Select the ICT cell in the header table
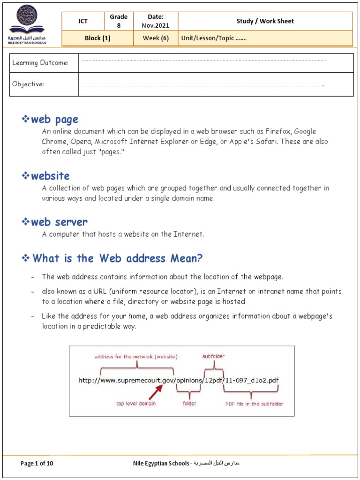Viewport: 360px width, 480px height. point(83,21)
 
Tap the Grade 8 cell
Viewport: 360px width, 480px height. point(119,21)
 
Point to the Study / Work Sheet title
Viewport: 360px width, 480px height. point(265,21)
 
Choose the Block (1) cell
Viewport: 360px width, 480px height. point(97,38)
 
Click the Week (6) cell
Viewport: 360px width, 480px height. point(155,38)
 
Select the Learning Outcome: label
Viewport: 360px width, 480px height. point(40,63)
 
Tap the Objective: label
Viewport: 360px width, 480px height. point(28,84)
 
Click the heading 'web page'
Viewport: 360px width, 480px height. point(54,120)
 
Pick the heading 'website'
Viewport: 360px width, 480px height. point(50,176)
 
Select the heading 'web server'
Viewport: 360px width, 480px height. point(59,222)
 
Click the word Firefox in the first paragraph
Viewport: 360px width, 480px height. point(278,132)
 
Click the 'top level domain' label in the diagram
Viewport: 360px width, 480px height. point(136,404)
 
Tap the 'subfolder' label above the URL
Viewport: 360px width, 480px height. point(213,357)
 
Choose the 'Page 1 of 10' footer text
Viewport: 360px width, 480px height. point(37,464)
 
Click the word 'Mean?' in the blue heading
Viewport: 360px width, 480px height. point(186,258)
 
